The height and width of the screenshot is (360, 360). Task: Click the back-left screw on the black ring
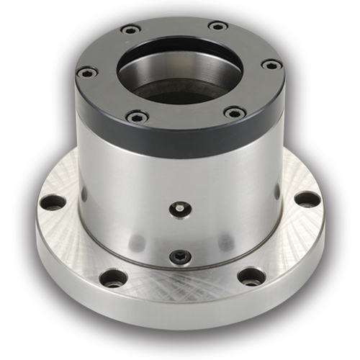[x=130, y=30]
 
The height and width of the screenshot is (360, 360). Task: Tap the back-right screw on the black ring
[x=217, y=27]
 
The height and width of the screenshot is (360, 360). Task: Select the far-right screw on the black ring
[x=271, y=65]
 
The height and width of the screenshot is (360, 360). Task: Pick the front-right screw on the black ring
[x=233, y=112]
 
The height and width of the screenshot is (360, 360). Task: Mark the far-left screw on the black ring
[x=87, y=72]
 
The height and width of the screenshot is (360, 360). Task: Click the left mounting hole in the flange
[x=52, y=202]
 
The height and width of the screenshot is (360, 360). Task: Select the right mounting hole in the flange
[x=307, y=199]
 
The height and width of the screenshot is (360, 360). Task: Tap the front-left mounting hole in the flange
[x=114, y=277]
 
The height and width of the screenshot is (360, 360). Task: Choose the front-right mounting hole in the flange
[x=250, y=276]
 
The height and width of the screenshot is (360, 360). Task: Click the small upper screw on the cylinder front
[x=179, y=209]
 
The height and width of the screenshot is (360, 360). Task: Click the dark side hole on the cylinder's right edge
[x=278, y=191]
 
